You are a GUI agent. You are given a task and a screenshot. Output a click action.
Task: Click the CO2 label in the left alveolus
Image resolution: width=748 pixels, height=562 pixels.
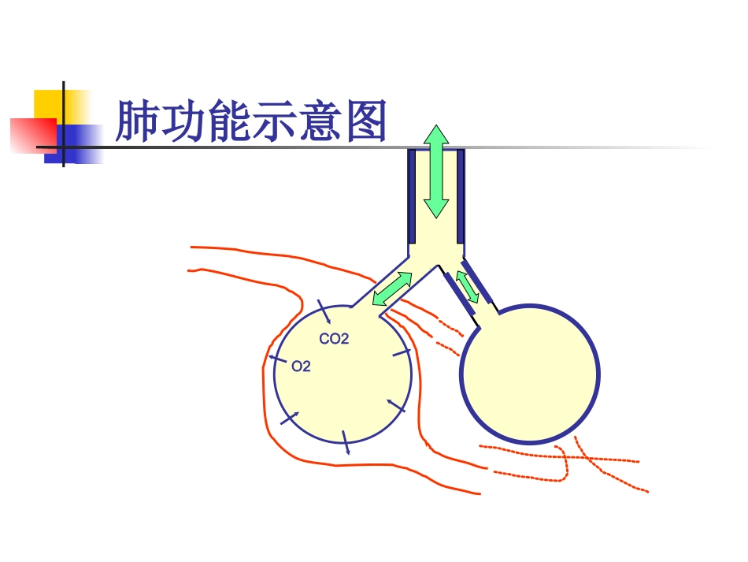[334, 340]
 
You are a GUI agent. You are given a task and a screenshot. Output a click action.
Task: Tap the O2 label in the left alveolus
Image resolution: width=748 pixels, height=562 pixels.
[301, 367]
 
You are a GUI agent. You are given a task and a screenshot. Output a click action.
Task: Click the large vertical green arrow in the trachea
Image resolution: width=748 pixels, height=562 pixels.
[436, 171]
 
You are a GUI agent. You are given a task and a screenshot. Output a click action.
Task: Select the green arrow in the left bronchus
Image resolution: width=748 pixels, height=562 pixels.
[392, 288]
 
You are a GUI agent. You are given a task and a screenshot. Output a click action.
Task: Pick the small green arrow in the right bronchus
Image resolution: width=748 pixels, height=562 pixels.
[468, 286]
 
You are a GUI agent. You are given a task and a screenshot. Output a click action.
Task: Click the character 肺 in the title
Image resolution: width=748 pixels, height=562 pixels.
[137, 121]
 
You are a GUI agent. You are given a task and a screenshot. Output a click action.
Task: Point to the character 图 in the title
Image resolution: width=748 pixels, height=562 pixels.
[364, 121]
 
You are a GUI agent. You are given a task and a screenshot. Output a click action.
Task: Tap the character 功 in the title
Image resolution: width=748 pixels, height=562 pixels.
[183, 121]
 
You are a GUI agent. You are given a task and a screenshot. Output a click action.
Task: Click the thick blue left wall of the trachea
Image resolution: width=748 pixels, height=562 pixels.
[412, 195]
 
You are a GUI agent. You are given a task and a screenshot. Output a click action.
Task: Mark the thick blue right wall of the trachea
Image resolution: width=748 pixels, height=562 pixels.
[461, 195]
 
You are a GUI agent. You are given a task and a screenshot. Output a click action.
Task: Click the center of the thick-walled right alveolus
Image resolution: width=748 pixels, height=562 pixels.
[530, 374]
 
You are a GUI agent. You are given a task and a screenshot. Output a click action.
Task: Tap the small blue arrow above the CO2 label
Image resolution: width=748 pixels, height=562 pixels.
[324, 312]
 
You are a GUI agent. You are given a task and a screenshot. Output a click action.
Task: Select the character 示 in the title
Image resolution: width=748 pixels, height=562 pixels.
[273, 121]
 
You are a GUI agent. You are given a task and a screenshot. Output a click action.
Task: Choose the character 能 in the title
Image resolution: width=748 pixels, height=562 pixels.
[228, 121]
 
